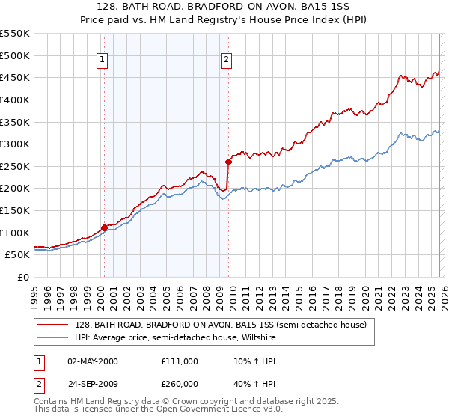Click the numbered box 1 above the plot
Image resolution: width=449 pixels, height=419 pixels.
click(x=102, y=61)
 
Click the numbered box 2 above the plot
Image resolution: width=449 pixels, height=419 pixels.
click(x=226, y=61)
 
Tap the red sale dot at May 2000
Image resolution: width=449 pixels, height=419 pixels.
click(x=104, y=228)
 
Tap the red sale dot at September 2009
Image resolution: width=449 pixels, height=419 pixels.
click(x=228, y=162)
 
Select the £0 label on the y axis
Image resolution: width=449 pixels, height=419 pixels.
click(x=23, y=277)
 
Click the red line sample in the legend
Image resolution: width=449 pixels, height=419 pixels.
click(x=52, y=325)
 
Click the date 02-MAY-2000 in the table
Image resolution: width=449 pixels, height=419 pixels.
click(x=93, y=361)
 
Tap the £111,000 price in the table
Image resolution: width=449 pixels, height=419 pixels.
click(x=180, y=361)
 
